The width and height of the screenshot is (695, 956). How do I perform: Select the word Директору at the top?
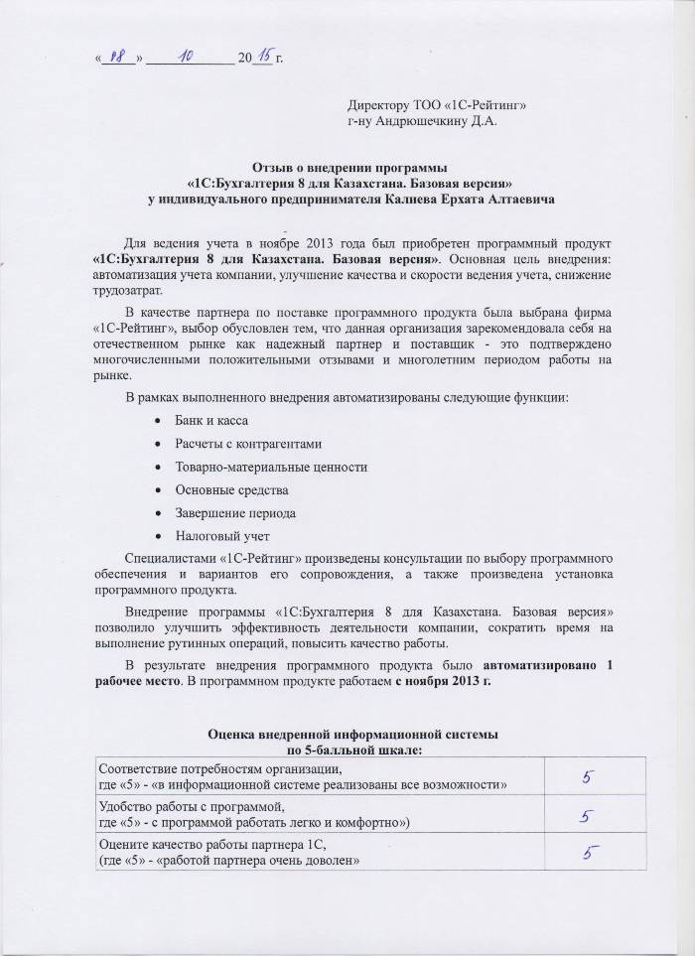click(379, 105)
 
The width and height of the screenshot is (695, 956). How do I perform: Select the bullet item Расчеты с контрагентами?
click(247, 443)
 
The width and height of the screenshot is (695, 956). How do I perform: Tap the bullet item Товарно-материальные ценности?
click(271, 467)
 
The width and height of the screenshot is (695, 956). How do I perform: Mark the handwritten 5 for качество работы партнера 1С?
click(589, 852)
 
